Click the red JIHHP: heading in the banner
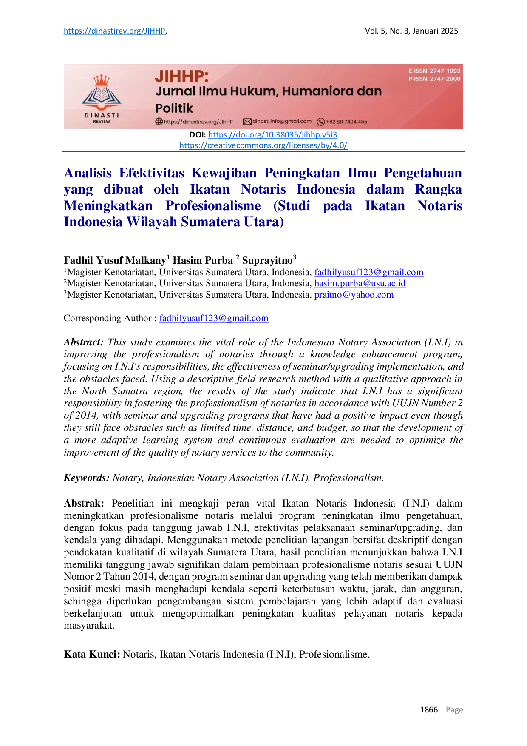point(181,76)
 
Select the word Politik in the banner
point(174,108)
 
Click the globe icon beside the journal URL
point(159,122)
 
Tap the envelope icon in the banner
point(247,122)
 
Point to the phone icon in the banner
point(321,122)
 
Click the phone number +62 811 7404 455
point(346,122)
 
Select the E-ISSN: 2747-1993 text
point(434,71)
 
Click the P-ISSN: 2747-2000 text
point(434,79)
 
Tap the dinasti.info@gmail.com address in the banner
point(282,121)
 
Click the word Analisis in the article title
point(88,173)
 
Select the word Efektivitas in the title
point(152,173)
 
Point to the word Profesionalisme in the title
point(212,205)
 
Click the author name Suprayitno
point(267,260)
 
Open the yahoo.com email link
point(354,295)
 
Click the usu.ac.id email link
point(360,284)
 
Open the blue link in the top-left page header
point(114,31)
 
